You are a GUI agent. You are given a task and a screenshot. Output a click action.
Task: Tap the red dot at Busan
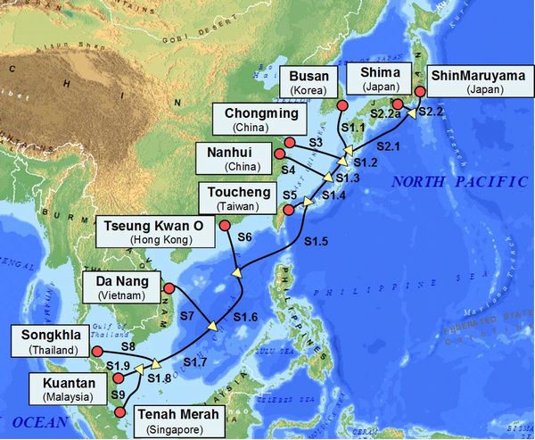[342, 106]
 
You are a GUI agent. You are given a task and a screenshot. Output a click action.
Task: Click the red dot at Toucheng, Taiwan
[289, 211]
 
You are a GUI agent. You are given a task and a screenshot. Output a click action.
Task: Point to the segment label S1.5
[316, 242]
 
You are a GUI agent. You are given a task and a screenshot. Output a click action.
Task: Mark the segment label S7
[186, 316]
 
